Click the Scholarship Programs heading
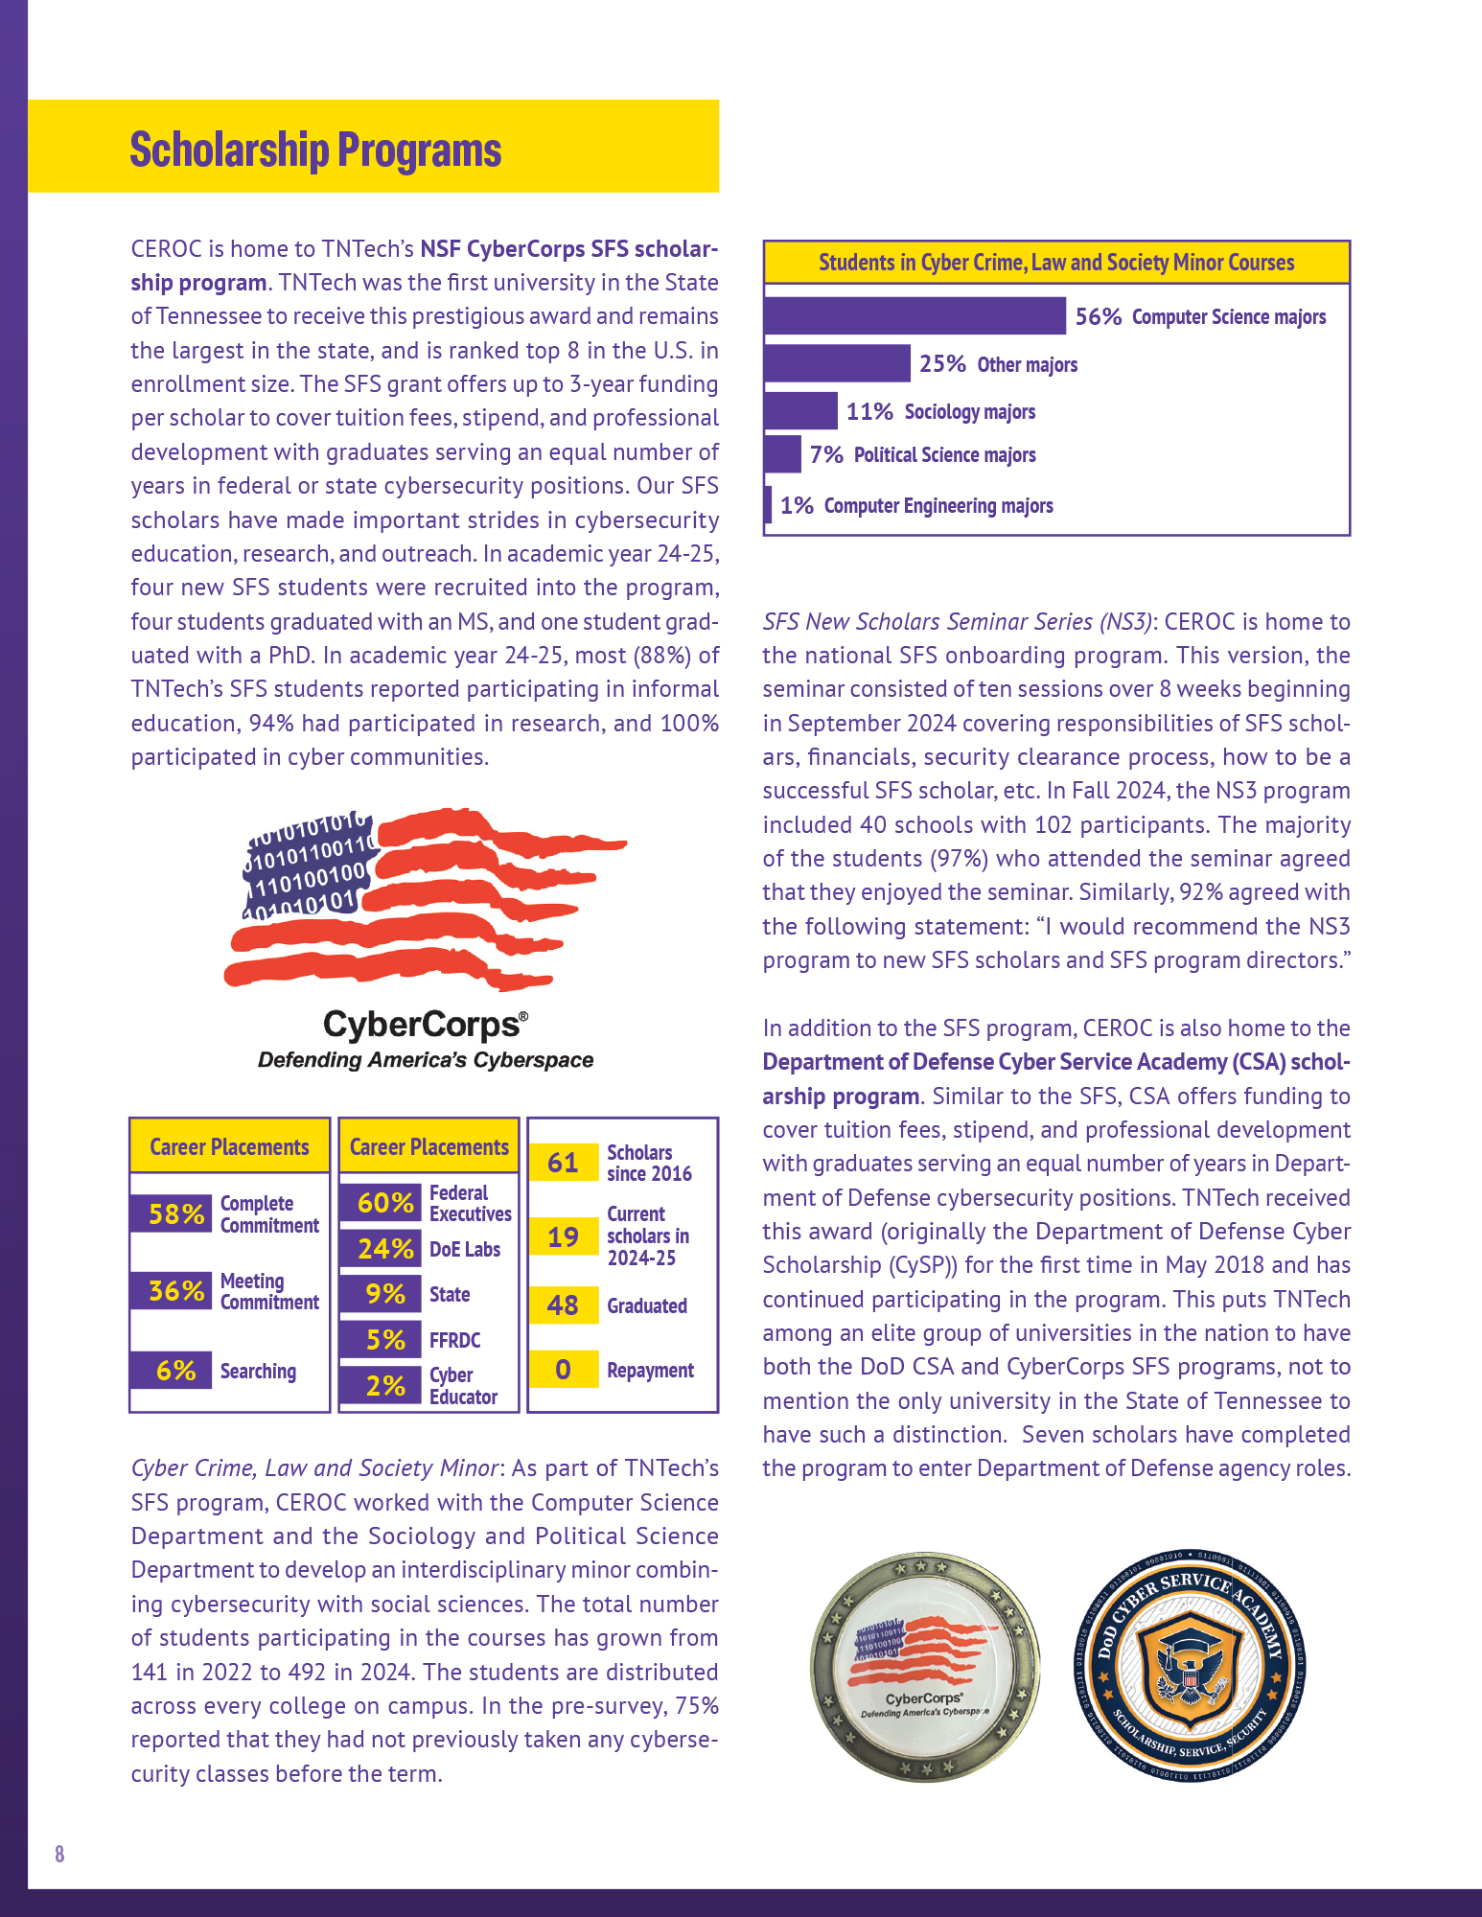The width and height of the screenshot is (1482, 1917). coord(315,150)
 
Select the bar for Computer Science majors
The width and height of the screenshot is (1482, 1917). coord(915,316)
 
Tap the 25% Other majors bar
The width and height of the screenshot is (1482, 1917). coord(837,364)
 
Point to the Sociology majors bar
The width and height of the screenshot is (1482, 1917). coord(800,411)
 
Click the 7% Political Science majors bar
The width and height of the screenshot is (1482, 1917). coord(782,454)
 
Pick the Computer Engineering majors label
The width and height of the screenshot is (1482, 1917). coord(938,506)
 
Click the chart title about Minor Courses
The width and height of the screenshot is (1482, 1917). coord(1056,263)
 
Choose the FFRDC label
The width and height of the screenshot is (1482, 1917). coord(455,1340)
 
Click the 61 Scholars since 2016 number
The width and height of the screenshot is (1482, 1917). coord(564,1163)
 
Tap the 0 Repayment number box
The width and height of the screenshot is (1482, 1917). coord(564,1370)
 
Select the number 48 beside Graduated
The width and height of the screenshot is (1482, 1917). coord(564,1305)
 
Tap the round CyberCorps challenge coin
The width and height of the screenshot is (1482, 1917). coord(925,1668)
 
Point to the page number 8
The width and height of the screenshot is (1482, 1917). coord(59,1853)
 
